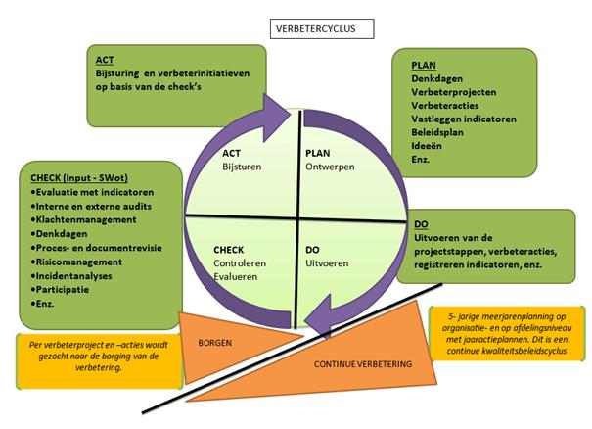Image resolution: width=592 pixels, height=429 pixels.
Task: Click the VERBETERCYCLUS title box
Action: [x=322, y=27]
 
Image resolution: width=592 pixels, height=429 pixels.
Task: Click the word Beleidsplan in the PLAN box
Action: [x=437, y=130]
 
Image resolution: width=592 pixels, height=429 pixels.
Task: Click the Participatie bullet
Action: [x=66, y=290]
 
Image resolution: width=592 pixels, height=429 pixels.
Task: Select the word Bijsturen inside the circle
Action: [x=243, y=167]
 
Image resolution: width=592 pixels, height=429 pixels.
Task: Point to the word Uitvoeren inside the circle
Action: [x=327, y=264]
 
